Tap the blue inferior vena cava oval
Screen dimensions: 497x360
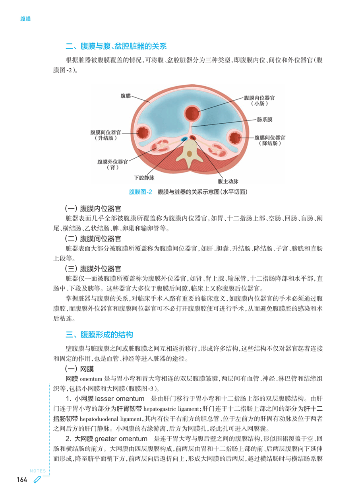(185, 139)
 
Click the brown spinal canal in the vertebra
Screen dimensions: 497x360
(190, 153)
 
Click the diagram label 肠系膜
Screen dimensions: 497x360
(265, 119)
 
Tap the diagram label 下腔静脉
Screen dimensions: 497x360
(143, 178)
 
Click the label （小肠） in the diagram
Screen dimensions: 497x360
(260, 103)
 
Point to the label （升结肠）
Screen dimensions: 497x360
(106, 138)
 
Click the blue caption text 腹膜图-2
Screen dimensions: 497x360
(141, 192)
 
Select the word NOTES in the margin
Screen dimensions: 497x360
(38, 472)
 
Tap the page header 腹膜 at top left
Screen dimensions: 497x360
(25, 19)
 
